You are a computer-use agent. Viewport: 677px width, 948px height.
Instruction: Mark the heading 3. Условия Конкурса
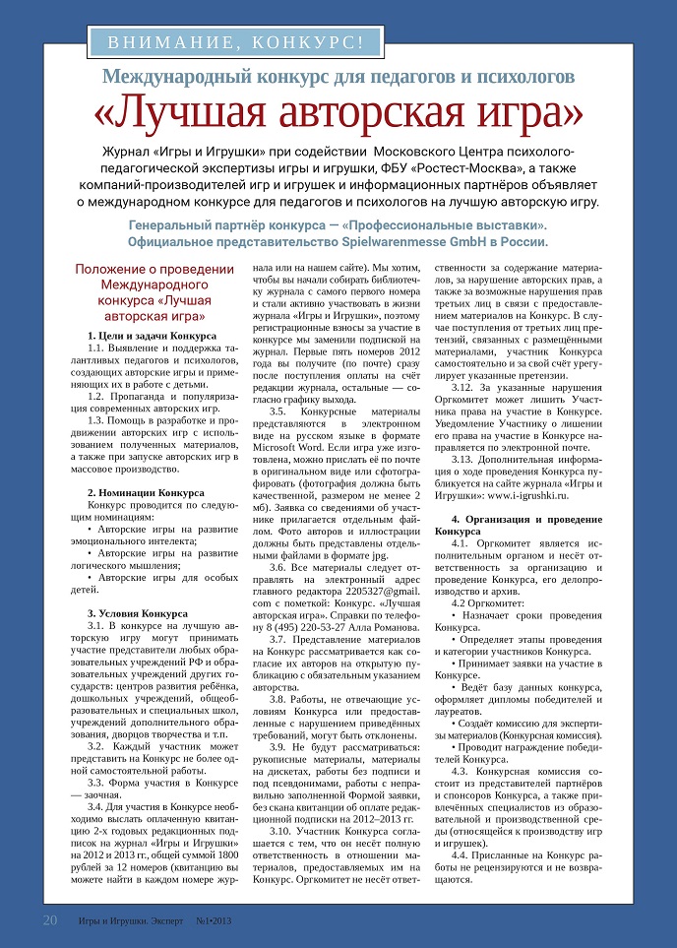[138, 613]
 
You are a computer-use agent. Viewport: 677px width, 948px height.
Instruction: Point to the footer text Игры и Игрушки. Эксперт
[127, 922]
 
